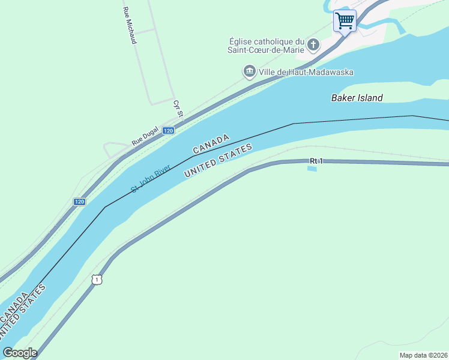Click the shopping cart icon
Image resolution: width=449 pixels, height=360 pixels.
point(345,21)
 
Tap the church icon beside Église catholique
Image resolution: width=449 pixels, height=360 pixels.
point(313,44)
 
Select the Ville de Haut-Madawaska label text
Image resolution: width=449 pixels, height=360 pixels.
point(307,72)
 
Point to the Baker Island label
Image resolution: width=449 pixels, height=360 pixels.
point(357,98)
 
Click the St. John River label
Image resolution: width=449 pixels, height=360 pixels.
point(151,178)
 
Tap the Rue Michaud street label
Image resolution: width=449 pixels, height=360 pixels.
point(129,25)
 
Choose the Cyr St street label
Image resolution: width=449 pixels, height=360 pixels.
point(177,109)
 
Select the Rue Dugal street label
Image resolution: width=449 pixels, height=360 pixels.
point(145,139)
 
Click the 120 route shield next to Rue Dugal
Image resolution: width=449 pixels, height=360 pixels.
point(168,130)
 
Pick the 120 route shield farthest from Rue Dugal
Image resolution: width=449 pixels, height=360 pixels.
point(79,202)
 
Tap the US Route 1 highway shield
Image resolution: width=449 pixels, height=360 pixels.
point(97,279)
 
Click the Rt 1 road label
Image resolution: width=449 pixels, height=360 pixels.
point(316,161)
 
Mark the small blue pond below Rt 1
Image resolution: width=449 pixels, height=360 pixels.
point(312,169)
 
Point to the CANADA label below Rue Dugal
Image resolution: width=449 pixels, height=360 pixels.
point(211,144)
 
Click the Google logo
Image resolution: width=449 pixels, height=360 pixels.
point(20,353)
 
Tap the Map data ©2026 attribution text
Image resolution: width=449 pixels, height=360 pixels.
point(423,355)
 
